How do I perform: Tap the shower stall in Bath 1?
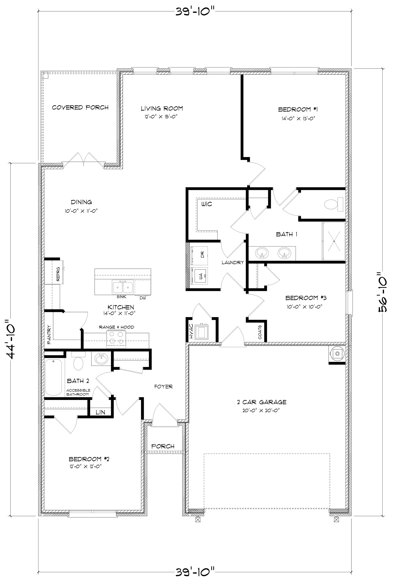click(x=334, y=241)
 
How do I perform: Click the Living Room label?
click(x=162, y=108)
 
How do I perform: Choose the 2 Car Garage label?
click(x=262, y=402)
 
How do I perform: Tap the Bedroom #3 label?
click(x=306, y=298)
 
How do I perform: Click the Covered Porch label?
click(x=80, y=107)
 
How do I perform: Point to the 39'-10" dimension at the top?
click(x=195, y=12)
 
